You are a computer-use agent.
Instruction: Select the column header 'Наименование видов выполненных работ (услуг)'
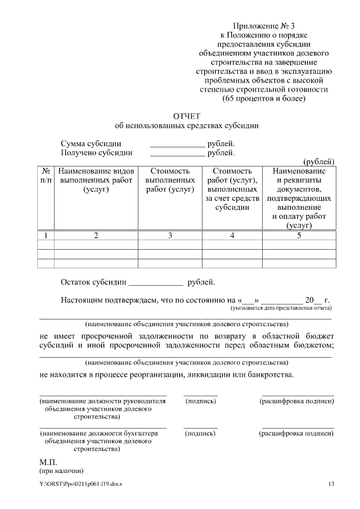click(96, 180)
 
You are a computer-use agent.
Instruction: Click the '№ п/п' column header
click(45, 175)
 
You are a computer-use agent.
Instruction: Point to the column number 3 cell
click(170, 236)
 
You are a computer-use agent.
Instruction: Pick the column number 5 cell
click(299, 236)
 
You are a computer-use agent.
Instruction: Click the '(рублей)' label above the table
click(319, 161)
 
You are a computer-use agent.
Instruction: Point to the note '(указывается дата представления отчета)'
click(281, 308)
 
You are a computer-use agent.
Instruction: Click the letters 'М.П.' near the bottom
click(49, 462)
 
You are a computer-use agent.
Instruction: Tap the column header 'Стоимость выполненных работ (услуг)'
click(170, 180)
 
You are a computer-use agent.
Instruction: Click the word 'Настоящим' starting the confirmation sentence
click(82, 300)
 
